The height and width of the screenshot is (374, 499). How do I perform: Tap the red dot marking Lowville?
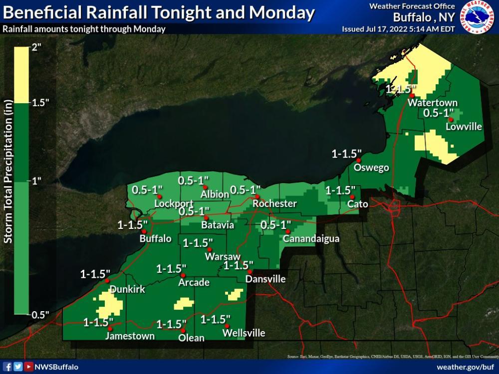pyautogui.click(x=450, y=120)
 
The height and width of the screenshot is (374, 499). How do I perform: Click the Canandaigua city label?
pyautogui.click(x=311, y=239)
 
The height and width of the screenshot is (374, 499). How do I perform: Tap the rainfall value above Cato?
pyautogui.click(x=340, y=190)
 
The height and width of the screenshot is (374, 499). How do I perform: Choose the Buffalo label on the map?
pyautogui.click(x=156, y=238)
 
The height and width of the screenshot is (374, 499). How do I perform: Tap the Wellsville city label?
pyautogui.click(x=244, y=333)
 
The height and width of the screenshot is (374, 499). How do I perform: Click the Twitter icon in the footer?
pyautogui.click(x=18, y=367)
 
